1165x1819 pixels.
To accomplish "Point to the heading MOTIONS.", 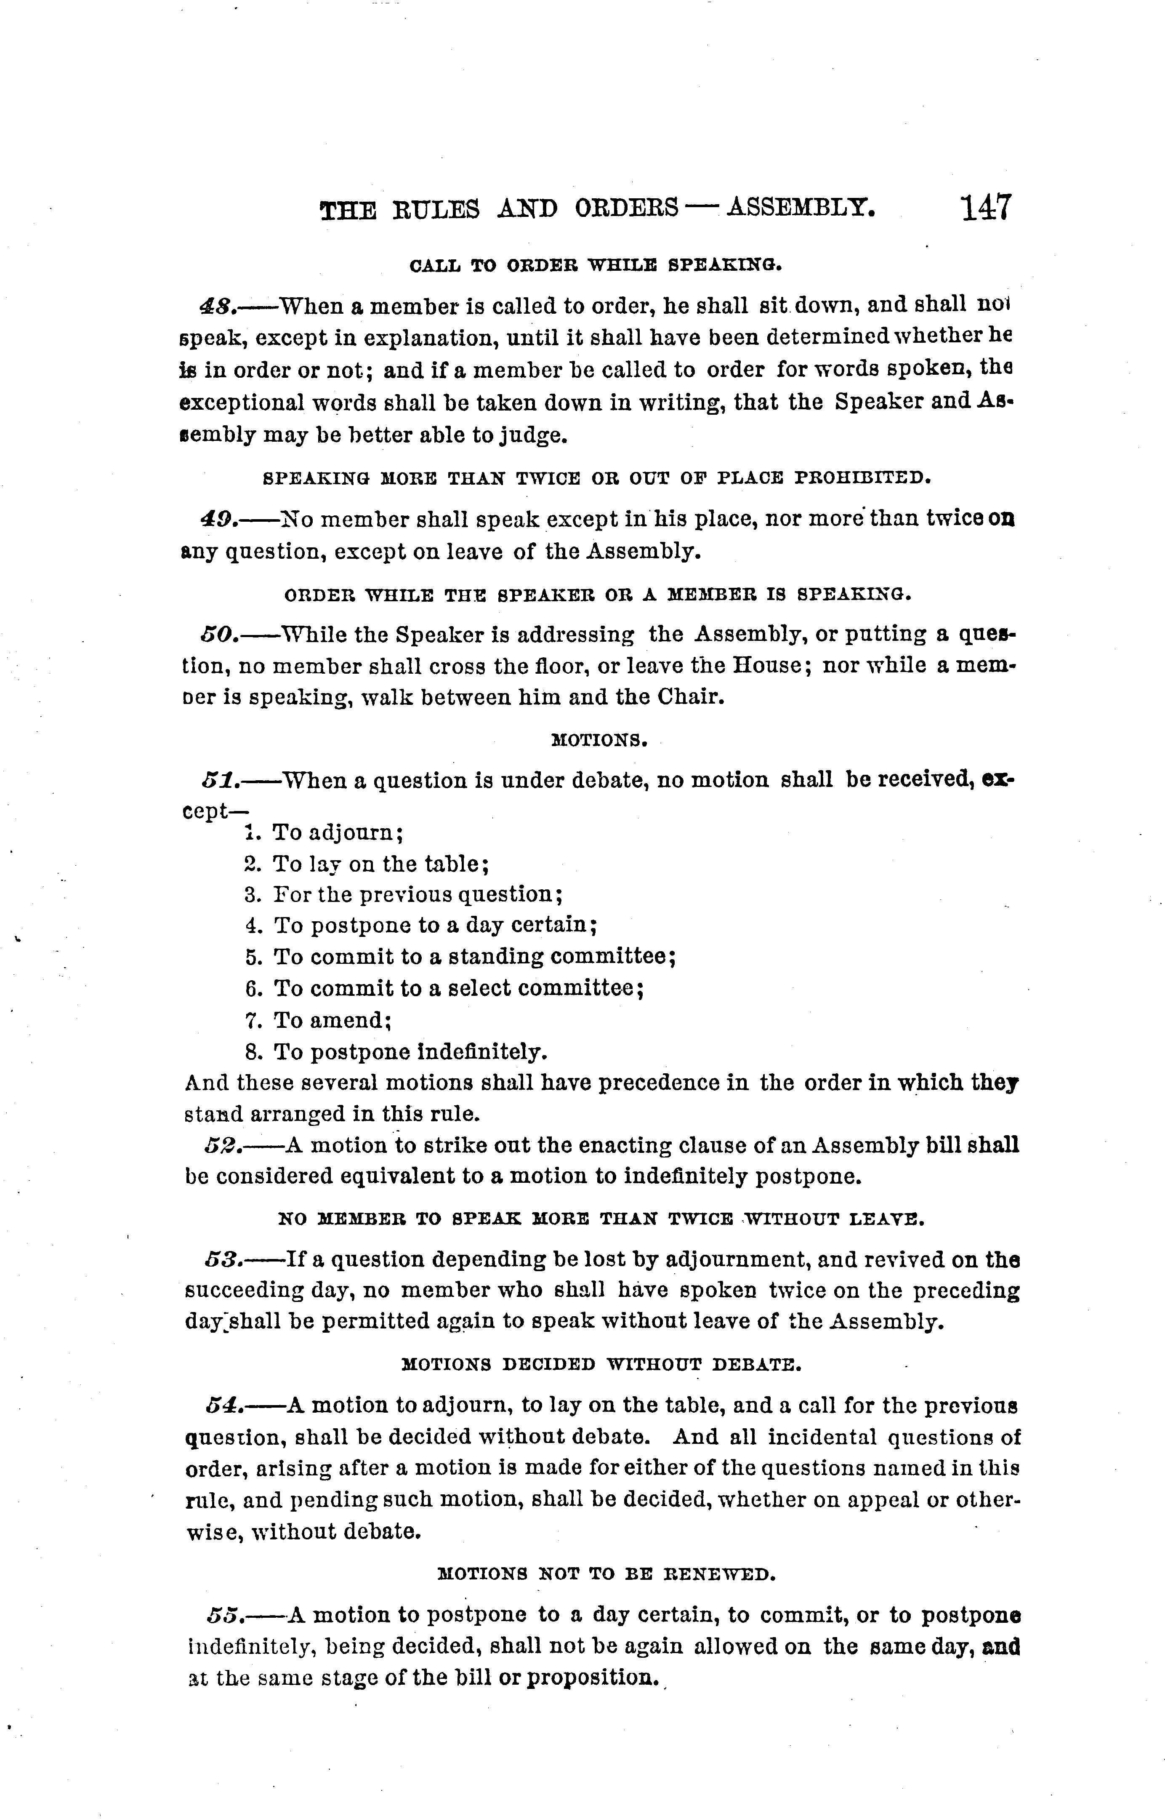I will pyautogui.click(x=599, y=740).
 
